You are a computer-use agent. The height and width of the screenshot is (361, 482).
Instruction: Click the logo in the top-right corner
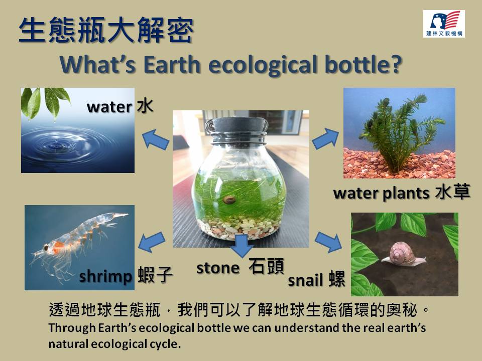pyautogui.click(x=443, y=24)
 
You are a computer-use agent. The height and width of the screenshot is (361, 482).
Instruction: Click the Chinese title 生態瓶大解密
pyautogui.click(x=106, y=30)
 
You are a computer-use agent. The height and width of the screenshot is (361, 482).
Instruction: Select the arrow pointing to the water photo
pyautogui.click(x=155, y=139)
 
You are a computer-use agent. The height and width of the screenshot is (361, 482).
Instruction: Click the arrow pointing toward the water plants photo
pyautogui.click(x=325, y=139)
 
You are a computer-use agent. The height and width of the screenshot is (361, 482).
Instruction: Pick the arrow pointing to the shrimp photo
pyautogui.click(x=152, y=242)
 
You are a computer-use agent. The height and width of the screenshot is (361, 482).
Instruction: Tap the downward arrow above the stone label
pyautogui.click(x=242, y=246)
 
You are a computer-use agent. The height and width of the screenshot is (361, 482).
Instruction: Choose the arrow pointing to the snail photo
pyautogui.click(x=328, y=242)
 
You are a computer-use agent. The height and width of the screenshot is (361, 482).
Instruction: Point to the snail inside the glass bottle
pyautogui.click(x=229, y=200)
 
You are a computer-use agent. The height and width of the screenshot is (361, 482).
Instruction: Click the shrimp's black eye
pyautogui.click(x=46, y=247)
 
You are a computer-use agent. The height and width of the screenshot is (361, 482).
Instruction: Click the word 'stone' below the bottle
pyautogui.click(x=218, y=268)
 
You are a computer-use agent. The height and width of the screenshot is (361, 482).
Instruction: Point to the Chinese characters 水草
pyautogui.click(x=453, y=192)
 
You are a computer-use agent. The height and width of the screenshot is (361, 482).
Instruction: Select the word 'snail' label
pyautogui.click(x=305, y=280)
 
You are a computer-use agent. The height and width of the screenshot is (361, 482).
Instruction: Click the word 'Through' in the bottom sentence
pyautogui.click(x=72, y=328)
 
